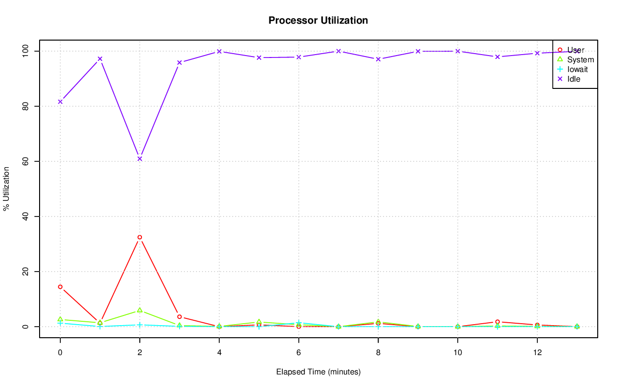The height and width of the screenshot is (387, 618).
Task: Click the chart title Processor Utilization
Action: pos(318,20)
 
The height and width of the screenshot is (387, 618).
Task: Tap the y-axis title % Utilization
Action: pos(6,188)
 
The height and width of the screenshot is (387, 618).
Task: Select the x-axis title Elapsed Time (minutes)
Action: pos(318,372)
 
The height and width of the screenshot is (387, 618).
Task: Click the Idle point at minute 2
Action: pos(140,158)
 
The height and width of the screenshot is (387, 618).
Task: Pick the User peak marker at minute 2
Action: pos(140,237)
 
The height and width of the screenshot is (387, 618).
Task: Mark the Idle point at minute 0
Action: pos(60,101)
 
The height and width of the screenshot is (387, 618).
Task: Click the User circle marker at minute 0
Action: pos(60,287)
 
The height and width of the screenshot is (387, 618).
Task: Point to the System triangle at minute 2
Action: pos(140,310)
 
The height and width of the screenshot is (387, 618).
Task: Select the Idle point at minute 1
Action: pos(100,59)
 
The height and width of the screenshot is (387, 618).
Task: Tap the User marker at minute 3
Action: pos(179,316)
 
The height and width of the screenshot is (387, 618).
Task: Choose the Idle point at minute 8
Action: pos(378,59)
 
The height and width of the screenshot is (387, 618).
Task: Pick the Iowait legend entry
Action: pos(577,69)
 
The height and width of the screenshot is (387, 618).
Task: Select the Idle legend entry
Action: pos(574,79)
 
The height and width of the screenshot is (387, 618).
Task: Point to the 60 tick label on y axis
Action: pos(25,161)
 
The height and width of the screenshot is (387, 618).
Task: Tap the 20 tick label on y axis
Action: pos(25,272)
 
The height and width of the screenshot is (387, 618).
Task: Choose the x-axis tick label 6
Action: pos(298,352)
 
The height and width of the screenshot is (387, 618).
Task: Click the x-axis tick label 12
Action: pos(537,352)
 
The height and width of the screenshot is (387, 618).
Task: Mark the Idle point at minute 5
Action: pos(259,57)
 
